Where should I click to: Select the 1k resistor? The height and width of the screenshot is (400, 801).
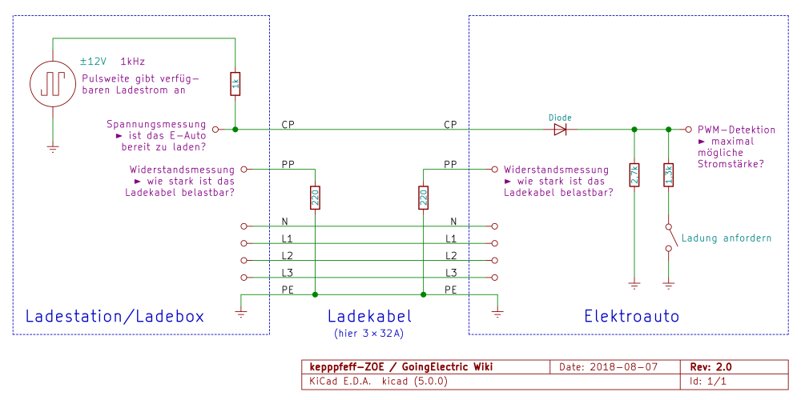pyautogui.click(x=235, y=83)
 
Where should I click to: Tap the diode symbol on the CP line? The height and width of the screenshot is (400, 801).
pyautogui.click(x=560, y=129)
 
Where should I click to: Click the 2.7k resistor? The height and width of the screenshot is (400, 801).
pyautogui.click(x=634, y=175)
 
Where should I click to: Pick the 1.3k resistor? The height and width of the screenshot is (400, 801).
pyautogui.click(x=668, y=175)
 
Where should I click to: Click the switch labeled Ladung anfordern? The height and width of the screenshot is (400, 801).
pyautogui.click(x=669, y=238)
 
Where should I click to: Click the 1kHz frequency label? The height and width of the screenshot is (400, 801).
pyautogui.click(x=133, y=61)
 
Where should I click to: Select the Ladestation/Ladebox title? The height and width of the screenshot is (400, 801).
pyautogui.click(x=115, y=316)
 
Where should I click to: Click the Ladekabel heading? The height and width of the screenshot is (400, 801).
pyautogui.click(x=369, y=316)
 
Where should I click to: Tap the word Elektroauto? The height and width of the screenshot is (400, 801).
pyautogui.click(x=631, y=316)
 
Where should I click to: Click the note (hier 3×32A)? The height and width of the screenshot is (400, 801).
pyautogui.click(x=369, y=332)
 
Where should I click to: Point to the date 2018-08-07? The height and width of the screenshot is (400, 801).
pyautogui.click(x=619, y=366)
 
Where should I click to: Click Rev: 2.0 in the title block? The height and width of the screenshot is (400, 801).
pyautogui.click(x=710, y=366)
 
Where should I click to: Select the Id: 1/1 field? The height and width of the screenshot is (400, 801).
pyautogui.click(x=708, y=381)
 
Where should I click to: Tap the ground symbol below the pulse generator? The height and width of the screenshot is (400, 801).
pyautogui.click(x=54, y=146)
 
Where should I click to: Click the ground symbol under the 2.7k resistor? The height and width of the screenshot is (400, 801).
pyautogui.click(x=634, y=283)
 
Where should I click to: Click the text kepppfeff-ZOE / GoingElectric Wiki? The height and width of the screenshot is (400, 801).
pyautogui.click(x=401, y=366)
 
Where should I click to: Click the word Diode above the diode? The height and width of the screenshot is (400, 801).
pyautogui.click(x=560, y=117)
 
